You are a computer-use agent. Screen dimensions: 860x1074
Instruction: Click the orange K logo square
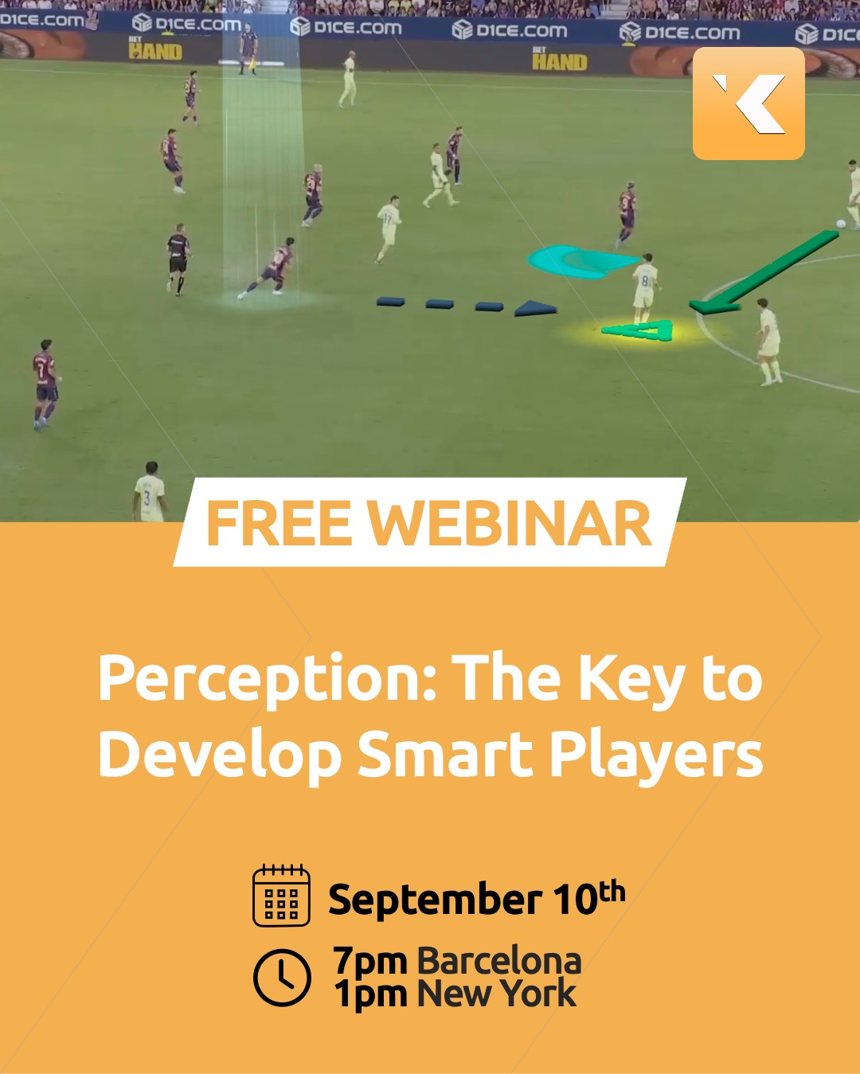[749, 103]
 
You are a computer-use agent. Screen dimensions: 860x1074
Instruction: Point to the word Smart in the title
[444, 753]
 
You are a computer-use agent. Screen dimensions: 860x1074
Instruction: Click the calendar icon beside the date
[282, 896]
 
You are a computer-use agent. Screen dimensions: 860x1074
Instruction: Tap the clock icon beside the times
[282, 977]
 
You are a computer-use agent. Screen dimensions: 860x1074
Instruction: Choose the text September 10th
[477, 897]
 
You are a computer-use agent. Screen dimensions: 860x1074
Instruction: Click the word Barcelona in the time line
[499, 961]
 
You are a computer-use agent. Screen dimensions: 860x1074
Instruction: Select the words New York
[497, 993]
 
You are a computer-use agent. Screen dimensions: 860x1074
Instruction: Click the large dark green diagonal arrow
[764, 272]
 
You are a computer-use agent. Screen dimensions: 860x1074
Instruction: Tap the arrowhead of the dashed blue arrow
[535, 308]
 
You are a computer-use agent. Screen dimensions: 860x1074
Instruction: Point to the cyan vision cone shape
[581, 260]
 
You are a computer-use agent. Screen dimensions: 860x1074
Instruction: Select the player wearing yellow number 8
[645, 288]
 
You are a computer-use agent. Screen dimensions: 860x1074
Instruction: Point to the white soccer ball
[841, 224]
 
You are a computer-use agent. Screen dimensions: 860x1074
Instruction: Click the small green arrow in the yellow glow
[638, 330]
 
